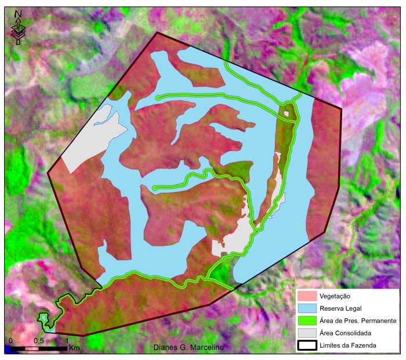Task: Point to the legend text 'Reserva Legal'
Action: coord(340,308)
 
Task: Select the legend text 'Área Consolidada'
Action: coord(346,333)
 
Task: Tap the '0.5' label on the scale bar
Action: coord(39,340)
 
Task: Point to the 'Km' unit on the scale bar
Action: coord(74,348)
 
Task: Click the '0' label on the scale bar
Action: coord(10,340)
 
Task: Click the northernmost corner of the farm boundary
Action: coord(157,33)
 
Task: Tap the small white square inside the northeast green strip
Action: coord(287,114)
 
